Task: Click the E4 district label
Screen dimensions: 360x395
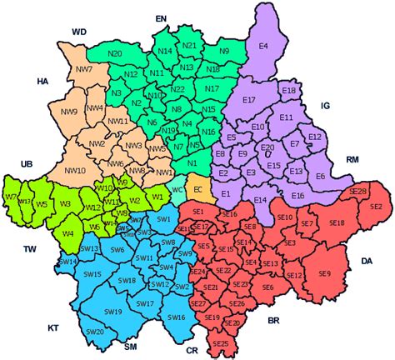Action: tap(263, 47)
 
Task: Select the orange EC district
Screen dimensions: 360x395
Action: tap(198, 190)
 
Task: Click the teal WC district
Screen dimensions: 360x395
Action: tap(177, 189)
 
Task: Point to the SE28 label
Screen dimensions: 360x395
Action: tap(358, 192)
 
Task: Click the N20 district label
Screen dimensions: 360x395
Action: tap(115, 54)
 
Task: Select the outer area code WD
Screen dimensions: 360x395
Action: tap(79, 32)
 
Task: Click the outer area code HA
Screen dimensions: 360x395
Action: tap(43, 82)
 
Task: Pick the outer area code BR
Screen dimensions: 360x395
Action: tap(272, 320)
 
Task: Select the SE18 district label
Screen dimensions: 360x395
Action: tap(337, 223)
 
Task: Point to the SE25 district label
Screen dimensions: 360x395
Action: tap(221, 343)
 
